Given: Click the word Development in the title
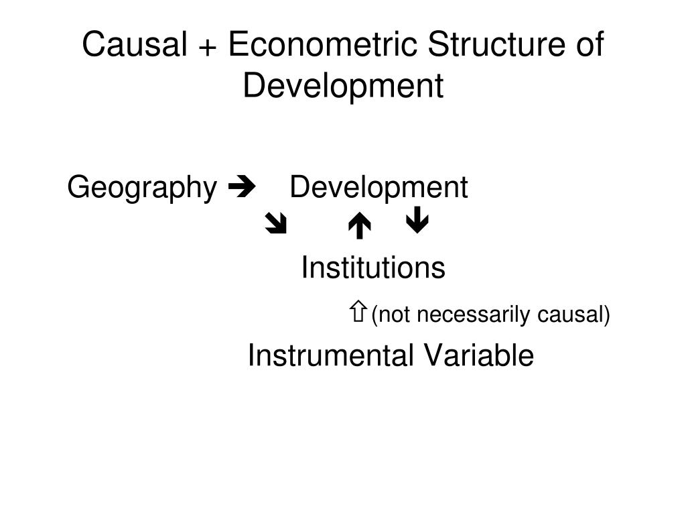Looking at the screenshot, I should [x=343, y=87].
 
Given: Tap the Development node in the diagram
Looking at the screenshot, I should [x=379, y=188].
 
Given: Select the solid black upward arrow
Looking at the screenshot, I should [x=360, y=227].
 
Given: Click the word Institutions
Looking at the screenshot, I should [x=373, y=268].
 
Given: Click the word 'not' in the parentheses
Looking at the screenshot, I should [x=395, y=314].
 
